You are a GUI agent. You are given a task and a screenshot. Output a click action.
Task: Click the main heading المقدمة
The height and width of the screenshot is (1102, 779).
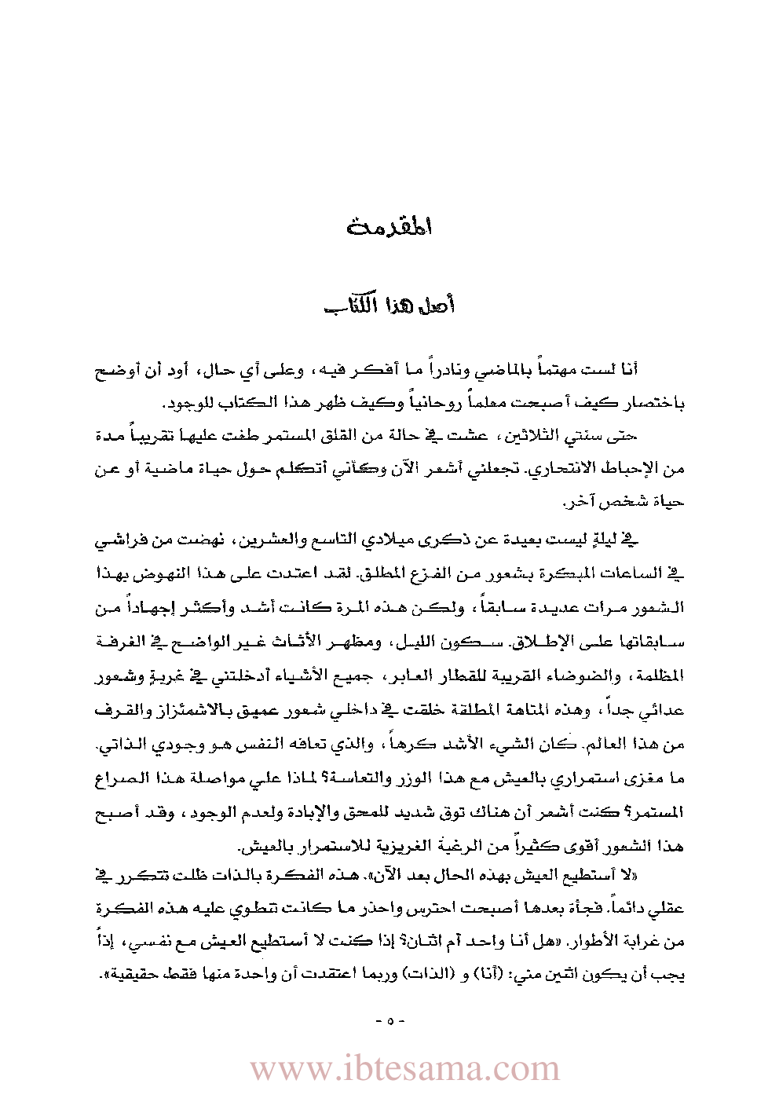[389, 227]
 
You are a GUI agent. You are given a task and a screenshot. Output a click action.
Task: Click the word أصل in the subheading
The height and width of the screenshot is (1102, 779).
[437, 305]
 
